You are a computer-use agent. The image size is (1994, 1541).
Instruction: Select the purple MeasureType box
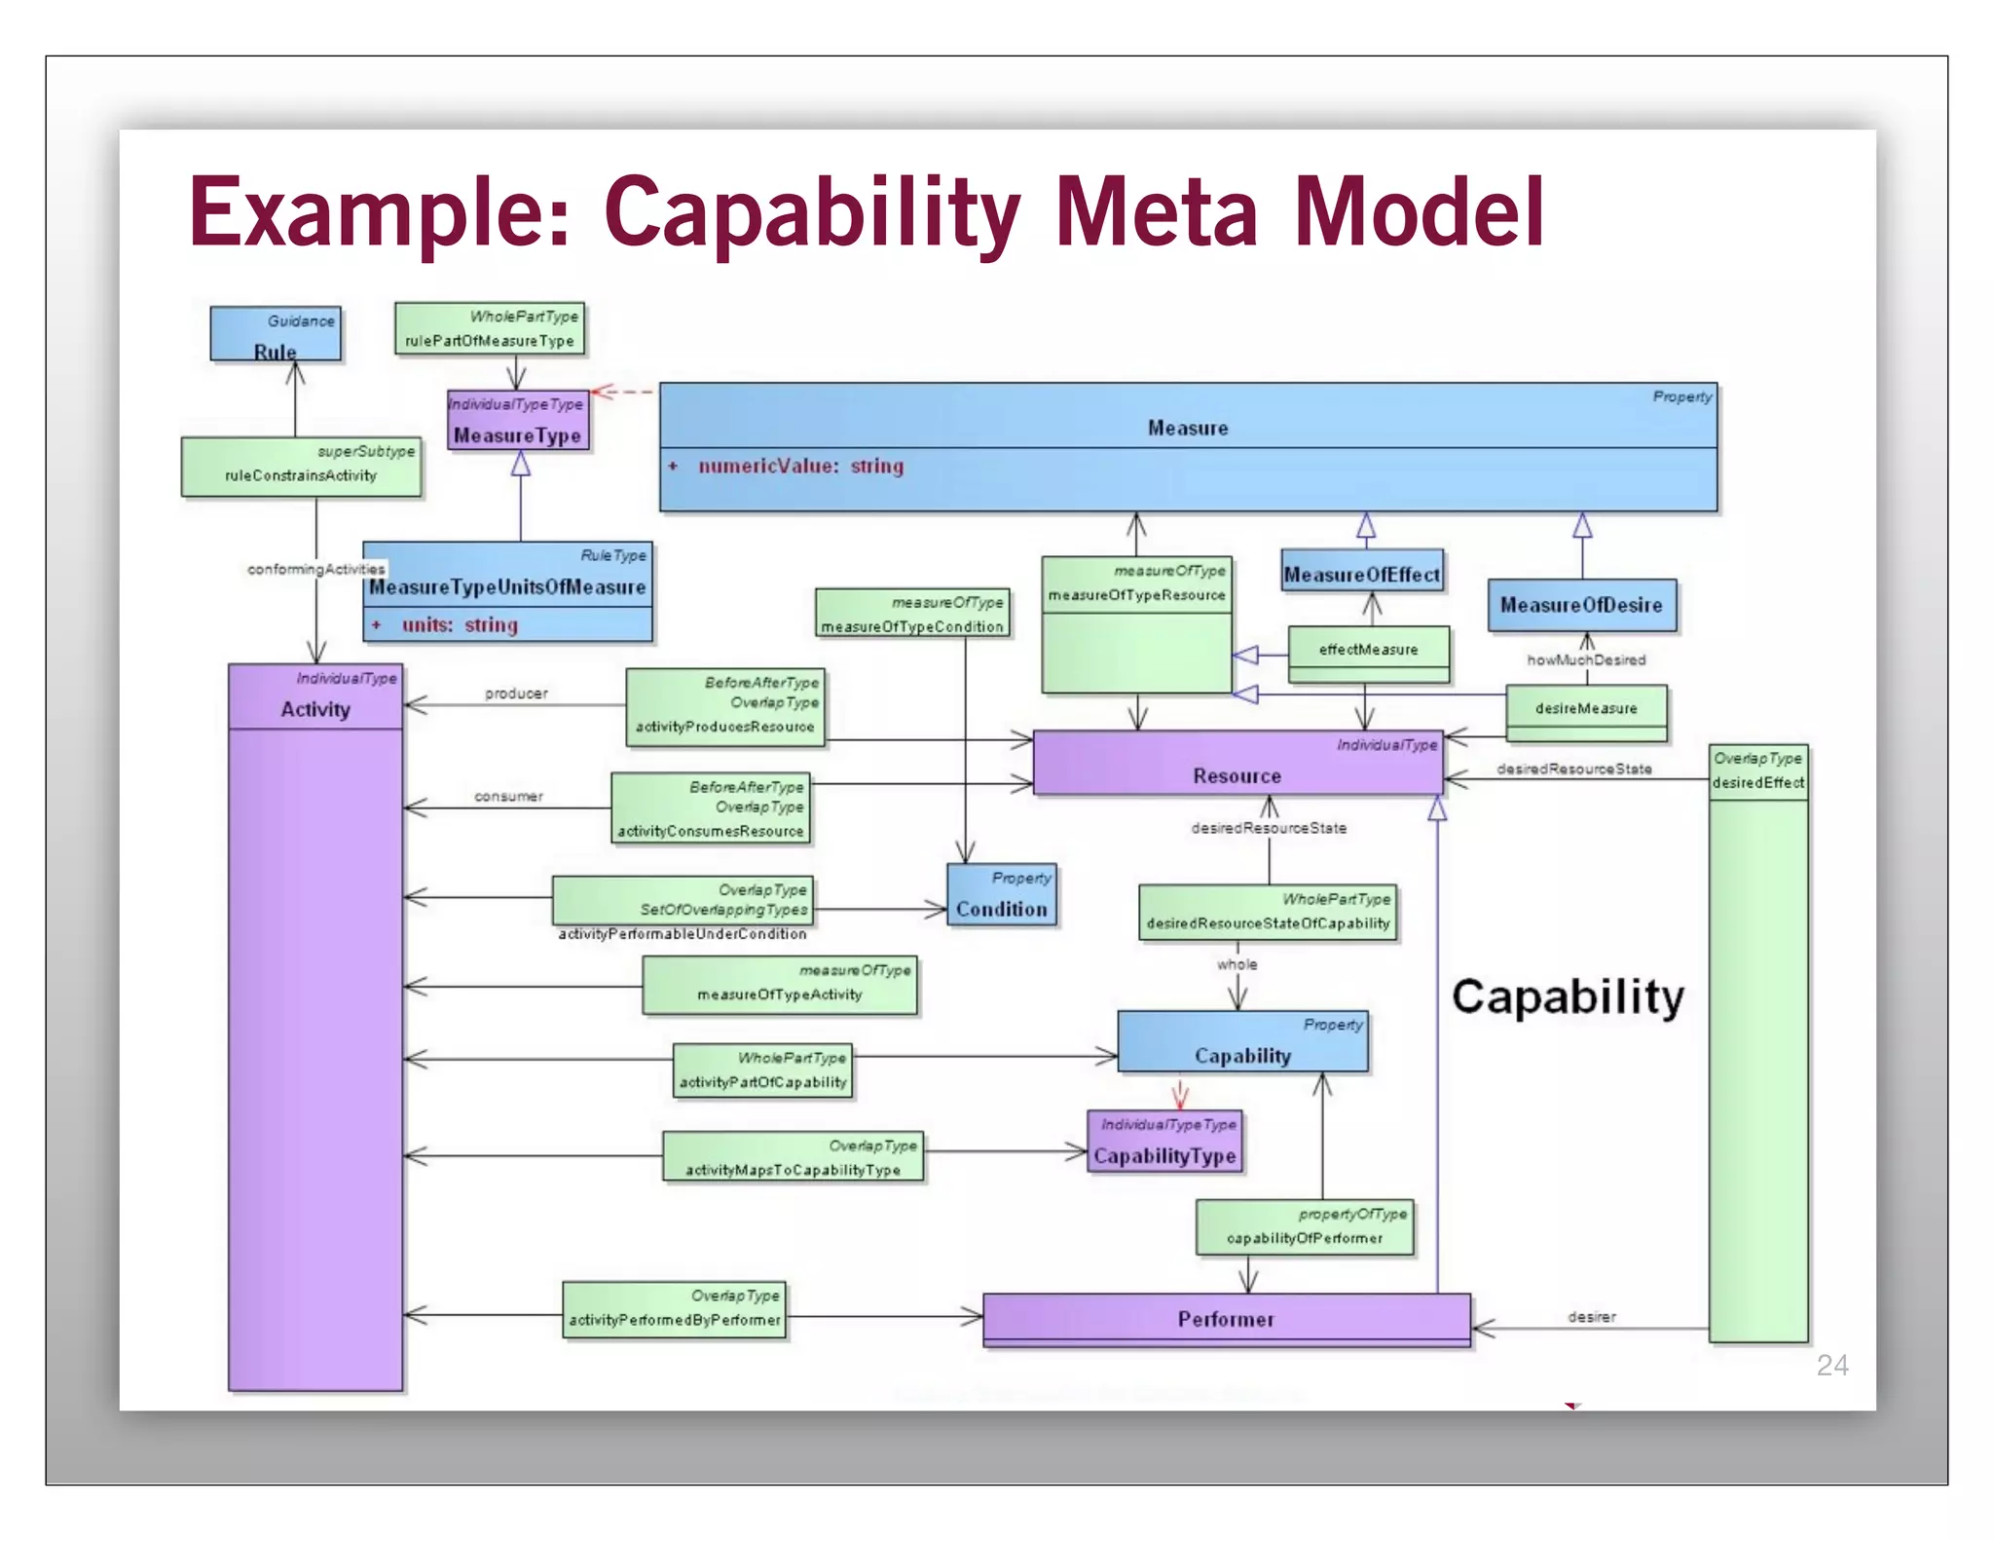[518, 421]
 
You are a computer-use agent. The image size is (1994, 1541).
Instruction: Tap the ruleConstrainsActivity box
[301, 467]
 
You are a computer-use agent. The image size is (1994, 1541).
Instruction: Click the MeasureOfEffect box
[1361, 572]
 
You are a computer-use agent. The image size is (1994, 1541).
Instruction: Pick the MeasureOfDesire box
[1581, 605]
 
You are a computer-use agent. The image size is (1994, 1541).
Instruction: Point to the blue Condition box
[1001, 896]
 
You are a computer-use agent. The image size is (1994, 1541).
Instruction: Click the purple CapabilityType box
[1164, 1143]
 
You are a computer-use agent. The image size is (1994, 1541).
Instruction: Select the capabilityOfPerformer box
[1305, 1227]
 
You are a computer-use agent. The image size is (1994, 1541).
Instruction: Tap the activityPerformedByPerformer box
[674, 1310]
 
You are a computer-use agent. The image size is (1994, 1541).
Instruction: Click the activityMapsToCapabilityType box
[793, 1157]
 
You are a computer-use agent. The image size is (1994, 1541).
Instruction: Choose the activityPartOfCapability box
[763, 1071]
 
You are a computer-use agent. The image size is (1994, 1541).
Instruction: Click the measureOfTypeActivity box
[779, 985]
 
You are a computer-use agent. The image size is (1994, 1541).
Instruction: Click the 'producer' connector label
[516, 694]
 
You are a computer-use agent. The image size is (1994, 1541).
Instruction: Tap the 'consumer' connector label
[508, 797]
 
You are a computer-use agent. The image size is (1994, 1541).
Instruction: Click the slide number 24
[1832, 1366]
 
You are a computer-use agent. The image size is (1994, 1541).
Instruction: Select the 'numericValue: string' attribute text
[800, 467]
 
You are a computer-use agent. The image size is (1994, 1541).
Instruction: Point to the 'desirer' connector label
[1591, 1317]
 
